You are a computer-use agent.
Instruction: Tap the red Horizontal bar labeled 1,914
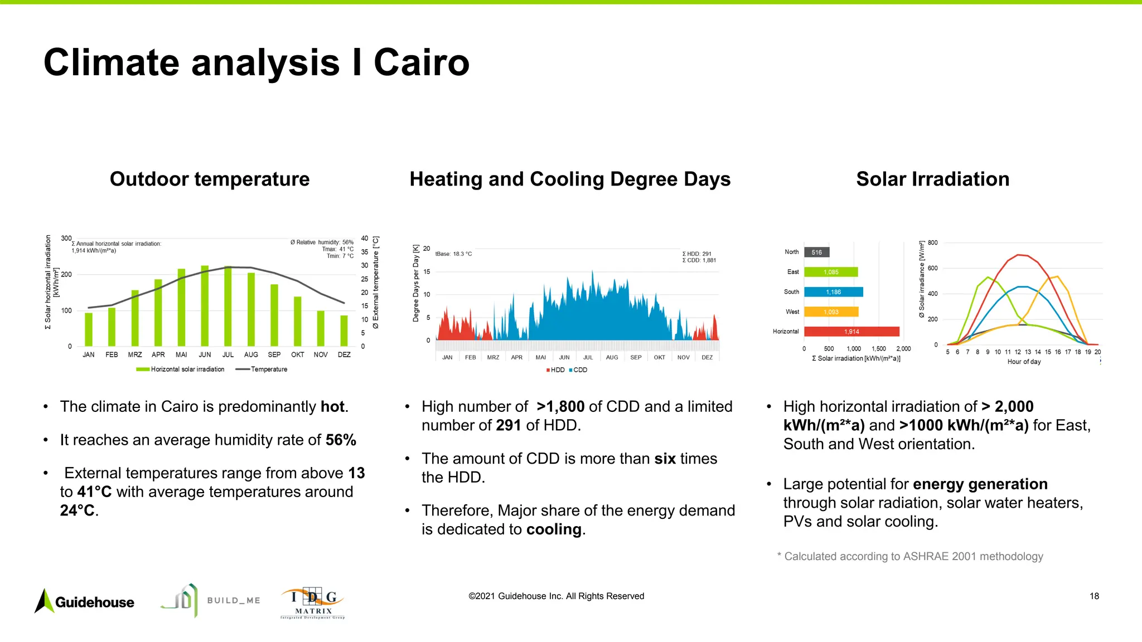851,332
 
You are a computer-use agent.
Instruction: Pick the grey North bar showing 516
817,252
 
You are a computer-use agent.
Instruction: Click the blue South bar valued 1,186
833,292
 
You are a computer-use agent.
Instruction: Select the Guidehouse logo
85,602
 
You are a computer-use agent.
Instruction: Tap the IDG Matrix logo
313,603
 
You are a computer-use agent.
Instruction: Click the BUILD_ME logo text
234,601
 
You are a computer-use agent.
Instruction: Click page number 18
1094,596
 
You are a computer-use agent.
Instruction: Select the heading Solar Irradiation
932,179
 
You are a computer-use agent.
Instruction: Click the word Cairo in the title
421,62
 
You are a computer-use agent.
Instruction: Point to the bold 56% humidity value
341,440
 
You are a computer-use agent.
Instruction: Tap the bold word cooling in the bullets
554,529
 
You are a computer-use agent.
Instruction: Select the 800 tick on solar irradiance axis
932,242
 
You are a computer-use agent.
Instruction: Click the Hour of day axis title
1024,362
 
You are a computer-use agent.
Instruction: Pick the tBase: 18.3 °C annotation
453,254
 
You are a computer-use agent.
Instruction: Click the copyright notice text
556,596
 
